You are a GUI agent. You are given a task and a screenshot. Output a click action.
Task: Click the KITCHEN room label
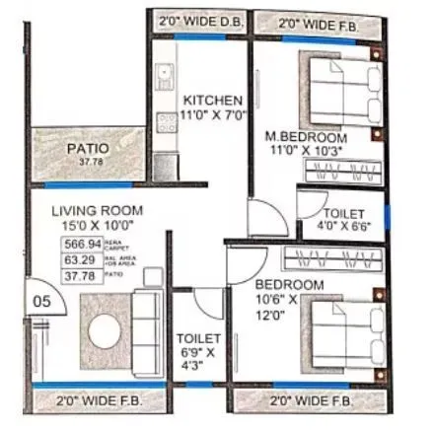(210, 101)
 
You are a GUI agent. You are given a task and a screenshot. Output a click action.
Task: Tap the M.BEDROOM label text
(306, 135)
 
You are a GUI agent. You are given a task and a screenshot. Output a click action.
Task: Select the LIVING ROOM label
(97, 210)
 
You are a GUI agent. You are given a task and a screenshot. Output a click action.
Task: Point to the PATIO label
(87, 149)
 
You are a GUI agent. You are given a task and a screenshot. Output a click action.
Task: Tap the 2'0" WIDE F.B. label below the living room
(101, 401)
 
